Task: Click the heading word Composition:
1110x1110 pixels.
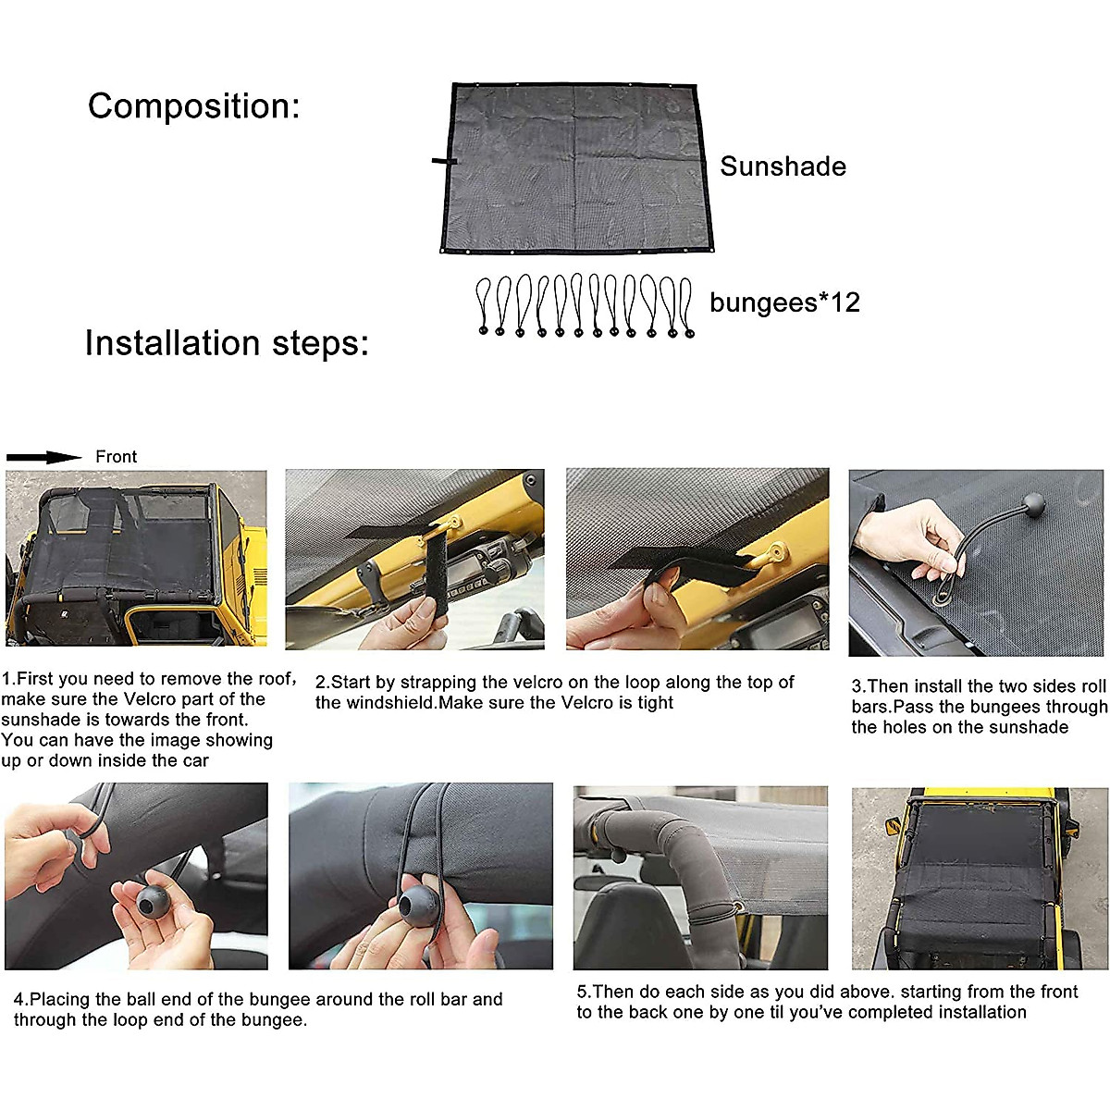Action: point(193,106)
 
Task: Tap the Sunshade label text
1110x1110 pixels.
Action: point(783,166)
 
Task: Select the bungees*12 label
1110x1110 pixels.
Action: point(784,302)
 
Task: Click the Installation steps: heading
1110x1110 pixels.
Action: point(227,343)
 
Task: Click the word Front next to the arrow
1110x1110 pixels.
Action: point(116,457)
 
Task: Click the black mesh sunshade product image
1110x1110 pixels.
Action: point(575,168)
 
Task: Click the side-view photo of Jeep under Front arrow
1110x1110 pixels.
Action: point(136,559)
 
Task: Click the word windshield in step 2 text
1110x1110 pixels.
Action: point(374,703)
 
